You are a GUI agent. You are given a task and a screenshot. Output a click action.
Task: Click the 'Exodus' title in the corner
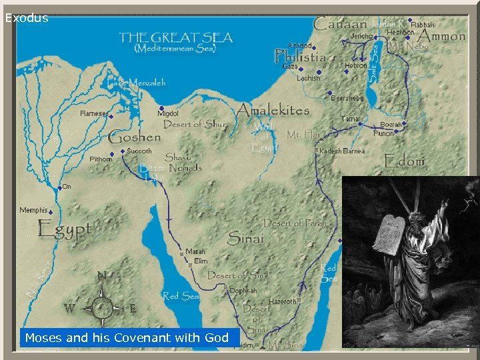(x=27, y=18)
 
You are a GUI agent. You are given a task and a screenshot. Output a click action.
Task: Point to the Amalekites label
(x=273, y=110)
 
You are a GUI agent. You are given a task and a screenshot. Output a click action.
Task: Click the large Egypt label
(x=64, y=230)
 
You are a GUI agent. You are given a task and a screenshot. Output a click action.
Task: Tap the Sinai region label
(x=245, y=237)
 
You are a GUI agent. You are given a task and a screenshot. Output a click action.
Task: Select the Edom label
(x=404, y=161)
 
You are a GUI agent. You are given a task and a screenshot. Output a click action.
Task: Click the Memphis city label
(x=33, y=211)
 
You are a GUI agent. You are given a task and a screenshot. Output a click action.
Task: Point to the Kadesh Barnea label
(x=343, y=151)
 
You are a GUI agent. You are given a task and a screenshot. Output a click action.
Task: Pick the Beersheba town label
(x=347, y=98)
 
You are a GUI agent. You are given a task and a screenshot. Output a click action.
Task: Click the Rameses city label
(x=94, y=113)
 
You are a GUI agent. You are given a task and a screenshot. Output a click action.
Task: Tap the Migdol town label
(x=168, y=114)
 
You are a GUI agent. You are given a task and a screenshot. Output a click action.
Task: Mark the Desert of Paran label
(x=295, y=223)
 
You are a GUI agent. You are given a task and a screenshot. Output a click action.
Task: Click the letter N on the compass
(x=101, y=275)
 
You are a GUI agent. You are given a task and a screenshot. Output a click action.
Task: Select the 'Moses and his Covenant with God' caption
(x=127, y=338)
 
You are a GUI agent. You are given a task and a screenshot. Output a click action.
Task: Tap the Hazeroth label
(x=283, y=302)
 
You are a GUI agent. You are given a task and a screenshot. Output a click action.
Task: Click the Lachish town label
(x=309, y=78)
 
